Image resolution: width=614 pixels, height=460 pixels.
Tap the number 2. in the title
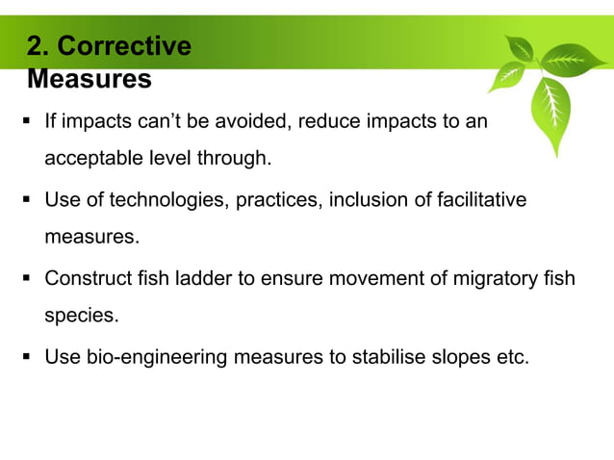[x=40, y=46]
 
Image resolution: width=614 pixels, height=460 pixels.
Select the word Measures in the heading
[x=89, y=78]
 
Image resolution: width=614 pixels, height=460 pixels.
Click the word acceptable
[x=92, y=158]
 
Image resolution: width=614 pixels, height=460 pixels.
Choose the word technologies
[x=166, y=200]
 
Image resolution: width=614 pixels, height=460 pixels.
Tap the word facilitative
[x=474, y=200]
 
